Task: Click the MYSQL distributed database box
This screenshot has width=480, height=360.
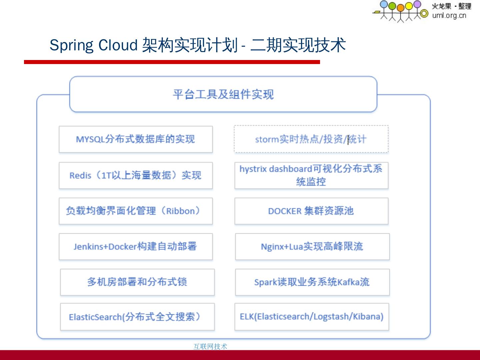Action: tap(136, 139)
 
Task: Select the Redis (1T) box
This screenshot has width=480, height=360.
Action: tap(136, 175)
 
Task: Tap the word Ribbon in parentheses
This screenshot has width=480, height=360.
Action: tap(180, 211)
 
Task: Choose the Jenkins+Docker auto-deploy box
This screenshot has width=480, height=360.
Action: tap(136, 247)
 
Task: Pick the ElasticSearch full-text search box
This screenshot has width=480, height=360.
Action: tap(137, 317)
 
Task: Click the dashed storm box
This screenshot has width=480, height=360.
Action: tap(311, 139)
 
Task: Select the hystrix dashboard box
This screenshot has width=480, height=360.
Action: tap(311, 175)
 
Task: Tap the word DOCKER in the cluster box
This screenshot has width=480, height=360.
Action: tap(285, 211)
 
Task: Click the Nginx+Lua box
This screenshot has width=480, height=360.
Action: tap(312, 247)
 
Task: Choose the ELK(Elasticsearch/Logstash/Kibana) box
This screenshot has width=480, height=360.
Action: tap(312, 317)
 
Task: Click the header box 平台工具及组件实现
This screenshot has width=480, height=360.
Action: tap(223, 94)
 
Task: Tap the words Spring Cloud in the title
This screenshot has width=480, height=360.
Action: tap(93, 45)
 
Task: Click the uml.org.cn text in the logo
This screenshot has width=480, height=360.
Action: tap(449, 15)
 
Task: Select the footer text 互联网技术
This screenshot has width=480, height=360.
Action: tap(210, 346)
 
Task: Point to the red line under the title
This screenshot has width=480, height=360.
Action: tap(172, 62)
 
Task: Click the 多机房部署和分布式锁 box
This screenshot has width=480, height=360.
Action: tap(137, 282)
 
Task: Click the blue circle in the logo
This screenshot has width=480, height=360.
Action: tap(384, 4)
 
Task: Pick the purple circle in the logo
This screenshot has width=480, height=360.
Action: tap(417, 4)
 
